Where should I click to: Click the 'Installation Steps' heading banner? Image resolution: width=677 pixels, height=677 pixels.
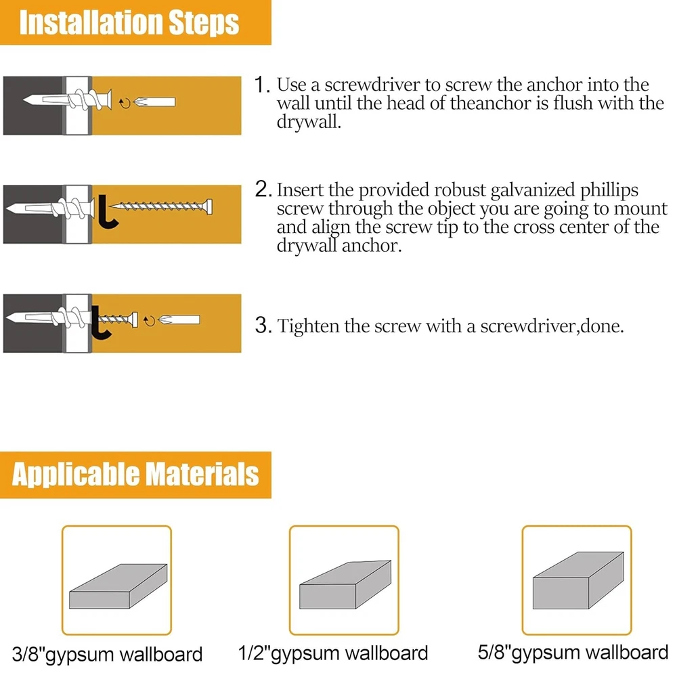[135, 22]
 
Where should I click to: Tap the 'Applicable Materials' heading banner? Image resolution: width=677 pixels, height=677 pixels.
[135, 475]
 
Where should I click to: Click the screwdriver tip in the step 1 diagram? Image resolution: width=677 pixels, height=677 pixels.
[154, 102]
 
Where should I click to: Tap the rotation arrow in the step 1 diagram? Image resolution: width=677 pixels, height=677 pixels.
[125, 103]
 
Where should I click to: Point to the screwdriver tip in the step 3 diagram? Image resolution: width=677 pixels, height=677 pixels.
[179, 320]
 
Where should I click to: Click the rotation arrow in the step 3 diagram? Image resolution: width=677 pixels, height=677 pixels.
[150, 321]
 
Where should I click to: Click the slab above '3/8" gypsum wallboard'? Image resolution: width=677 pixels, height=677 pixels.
[118, 586]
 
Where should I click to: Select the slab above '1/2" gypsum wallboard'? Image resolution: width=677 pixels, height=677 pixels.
[345, 585]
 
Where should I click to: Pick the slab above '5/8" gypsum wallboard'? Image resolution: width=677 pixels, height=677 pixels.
[578, 580]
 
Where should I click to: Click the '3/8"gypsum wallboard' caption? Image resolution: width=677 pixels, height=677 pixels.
[107, 655]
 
